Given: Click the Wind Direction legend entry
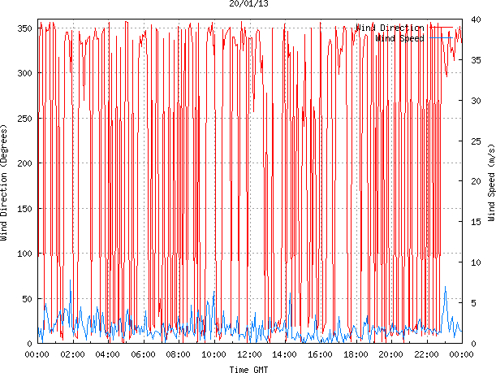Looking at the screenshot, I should pos(389,28).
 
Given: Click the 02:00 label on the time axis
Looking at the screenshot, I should pos(73,354).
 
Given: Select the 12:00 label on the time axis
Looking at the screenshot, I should pos(249,354).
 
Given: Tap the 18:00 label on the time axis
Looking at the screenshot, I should pos(356,354).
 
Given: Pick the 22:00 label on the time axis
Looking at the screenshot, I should pos(426,354).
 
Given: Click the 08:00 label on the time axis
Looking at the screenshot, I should pos(179,354).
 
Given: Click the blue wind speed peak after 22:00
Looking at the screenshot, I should pos(445,287).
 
